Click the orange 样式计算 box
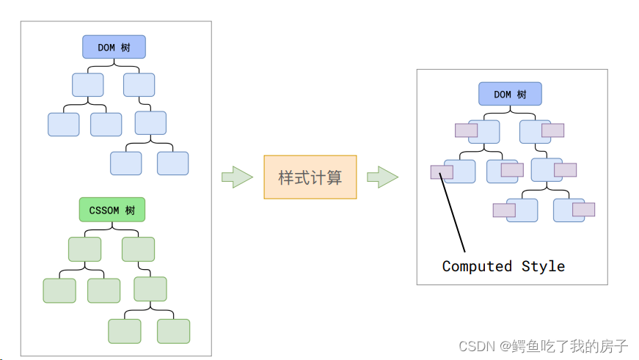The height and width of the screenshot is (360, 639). tap(310, 177)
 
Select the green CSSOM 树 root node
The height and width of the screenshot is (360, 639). tap(112, 210)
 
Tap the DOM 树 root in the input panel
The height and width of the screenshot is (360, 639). tap(114, 47)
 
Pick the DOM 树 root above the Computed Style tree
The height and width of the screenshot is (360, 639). tap(510, 94)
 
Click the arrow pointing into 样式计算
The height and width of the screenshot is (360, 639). tap(237, 177)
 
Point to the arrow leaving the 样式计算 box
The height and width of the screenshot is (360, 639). tap(382, 177)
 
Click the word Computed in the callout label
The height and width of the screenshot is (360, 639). tap(477, 266)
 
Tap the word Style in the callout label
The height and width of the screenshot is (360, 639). tap(543, 266)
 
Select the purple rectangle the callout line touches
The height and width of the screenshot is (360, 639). tap(442, 172)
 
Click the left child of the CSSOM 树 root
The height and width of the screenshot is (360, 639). tap(84, 249)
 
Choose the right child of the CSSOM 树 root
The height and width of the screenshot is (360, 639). tap(138, 249)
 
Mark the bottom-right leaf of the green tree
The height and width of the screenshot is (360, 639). tap(173, 331)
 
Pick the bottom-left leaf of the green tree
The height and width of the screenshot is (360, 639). tap(124, 331)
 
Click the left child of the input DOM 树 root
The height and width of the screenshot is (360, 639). tap(87, 85)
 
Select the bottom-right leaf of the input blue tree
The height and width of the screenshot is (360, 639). tap(172, 163)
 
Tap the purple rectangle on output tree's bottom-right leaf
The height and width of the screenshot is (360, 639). tap(583, 210)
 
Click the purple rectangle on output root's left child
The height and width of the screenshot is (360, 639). tap(466, 131)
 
